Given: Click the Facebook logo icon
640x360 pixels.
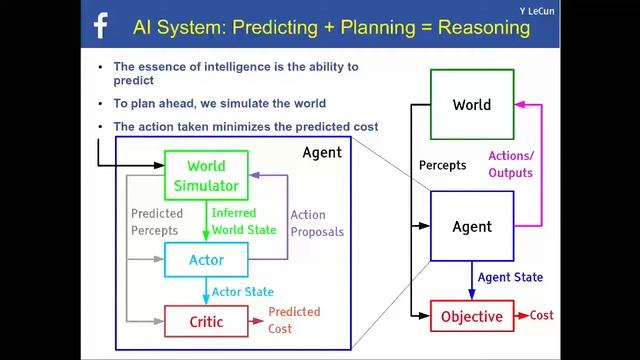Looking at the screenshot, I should [100, 27].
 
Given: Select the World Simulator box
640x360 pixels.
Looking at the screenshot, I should [206, 176].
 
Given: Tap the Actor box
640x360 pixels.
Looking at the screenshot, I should [206, 260].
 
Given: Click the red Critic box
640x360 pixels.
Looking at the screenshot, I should [206, 322].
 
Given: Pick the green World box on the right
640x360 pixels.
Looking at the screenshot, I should [471, 104].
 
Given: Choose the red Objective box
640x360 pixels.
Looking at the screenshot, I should [471, 316].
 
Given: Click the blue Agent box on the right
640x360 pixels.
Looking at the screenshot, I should [471, 226].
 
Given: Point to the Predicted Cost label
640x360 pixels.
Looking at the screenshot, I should [294, 320].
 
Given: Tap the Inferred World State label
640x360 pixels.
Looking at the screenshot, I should [246, 220].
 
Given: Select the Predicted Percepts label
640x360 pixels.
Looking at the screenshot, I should [157, 221].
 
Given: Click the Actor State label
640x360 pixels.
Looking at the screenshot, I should [244, 292].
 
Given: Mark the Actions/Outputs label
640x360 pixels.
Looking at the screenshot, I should [510, 164].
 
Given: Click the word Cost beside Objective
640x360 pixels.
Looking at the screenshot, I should [541, 315].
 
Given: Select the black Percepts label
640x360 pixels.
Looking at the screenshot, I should [442, 165].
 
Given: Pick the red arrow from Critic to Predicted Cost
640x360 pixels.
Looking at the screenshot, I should [257, 321].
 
